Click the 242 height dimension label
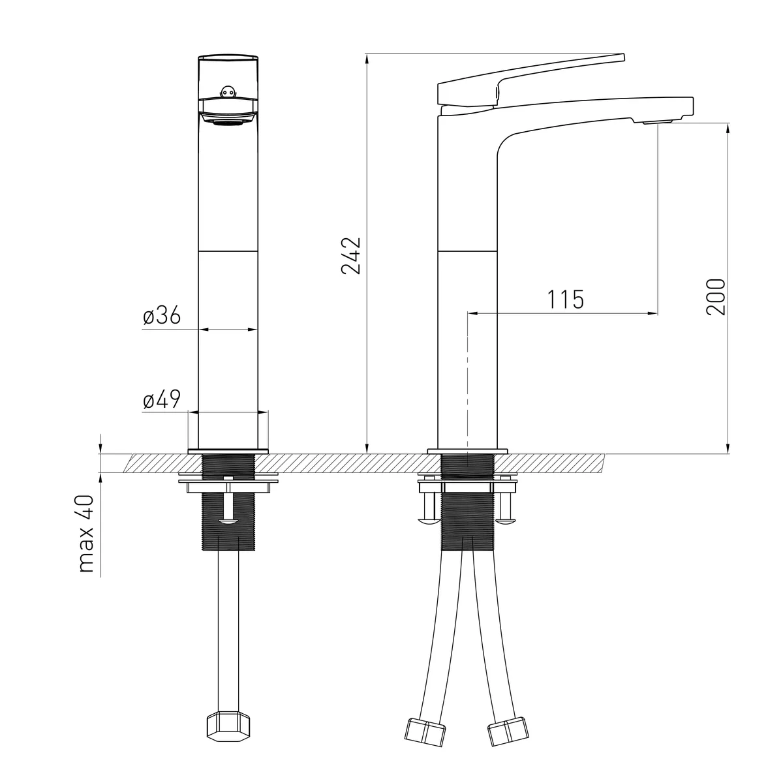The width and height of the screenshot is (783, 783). (351, 256)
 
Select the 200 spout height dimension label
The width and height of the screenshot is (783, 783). (715, 297)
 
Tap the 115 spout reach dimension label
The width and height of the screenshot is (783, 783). (566, 299)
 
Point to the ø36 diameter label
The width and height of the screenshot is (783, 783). (162, 315)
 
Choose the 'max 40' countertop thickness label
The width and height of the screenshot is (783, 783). (86, 534)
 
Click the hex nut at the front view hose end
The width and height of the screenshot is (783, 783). (228, 726)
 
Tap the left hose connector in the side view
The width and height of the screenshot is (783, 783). (425, 732)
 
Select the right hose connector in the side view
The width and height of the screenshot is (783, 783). (508, 731)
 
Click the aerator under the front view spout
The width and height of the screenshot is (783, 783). (228, 122)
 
